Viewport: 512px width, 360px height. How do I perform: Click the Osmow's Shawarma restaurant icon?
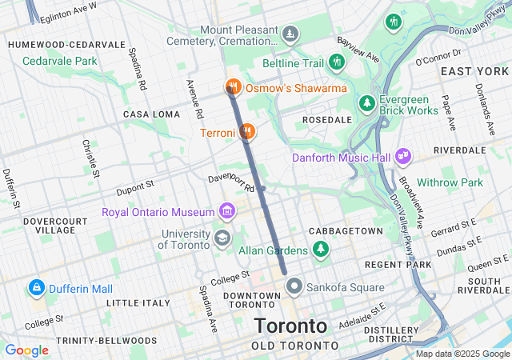[x=233, y=86]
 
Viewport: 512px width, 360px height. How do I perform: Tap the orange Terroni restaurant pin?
[x=248, y=131]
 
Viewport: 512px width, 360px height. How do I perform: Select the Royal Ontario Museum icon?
[x=227, y=212]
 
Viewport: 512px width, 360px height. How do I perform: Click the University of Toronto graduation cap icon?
[x=222, y=238]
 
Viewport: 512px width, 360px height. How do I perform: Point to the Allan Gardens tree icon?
[x=321, y=250]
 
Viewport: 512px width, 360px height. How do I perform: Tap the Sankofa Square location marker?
[x=294, y=286]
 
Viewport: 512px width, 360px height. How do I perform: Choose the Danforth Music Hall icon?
[x=402, y=158]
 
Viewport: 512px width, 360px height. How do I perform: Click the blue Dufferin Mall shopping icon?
[x=35, y=286]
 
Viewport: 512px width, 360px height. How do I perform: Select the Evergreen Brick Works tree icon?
[x=366, y=104]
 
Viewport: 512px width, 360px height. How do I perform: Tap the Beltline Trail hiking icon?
[x=337, y=62]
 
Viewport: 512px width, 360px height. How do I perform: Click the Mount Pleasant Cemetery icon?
[x=290, y=34]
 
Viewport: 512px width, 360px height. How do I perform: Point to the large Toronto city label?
[x=290, y=326]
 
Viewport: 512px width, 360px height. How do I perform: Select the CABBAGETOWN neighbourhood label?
[x=346, y=230]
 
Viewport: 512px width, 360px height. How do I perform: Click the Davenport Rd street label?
[x=231, y=182]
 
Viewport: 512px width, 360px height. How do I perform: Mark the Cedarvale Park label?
[x=59, y=61]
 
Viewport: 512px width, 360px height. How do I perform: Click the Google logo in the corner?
[x=26, y=350]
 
